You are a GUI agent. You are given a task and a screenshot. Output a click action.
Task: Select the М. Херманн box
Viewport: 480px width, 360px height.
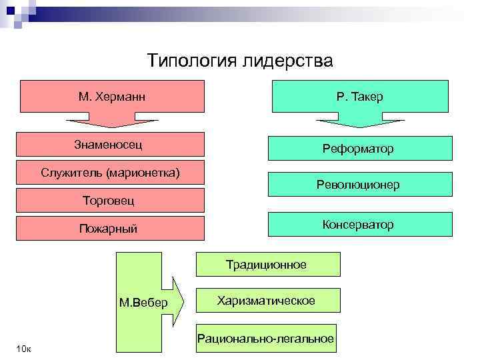(x=112, y=97)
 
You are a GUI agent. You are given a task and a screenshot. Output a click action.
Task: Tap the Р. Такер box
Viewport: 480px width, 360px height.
(x=360, y=97)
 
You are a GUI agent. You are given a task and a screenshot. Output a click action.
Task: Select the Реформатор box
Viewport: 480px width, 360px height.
(x=360, y=149)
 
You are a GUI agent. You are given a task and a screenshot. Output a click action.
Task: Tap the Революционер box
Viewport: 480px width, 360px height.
(x=360, y=185)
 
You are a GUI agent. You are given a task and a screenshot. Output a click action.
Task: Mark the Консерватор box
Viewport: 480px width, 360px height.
(x=360, y=224)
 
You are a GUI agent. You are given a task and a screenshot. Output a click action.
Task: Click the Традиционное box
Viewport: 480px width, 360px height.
(x=267, y=264)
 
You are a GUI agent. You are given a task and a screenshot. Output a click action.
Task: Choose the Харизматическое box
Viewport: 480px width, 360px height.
(x=267, y=301)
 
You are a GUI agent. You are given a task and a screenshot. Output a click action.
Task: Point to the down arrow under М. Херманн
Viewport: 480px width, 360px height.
(x=112, y=122)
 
